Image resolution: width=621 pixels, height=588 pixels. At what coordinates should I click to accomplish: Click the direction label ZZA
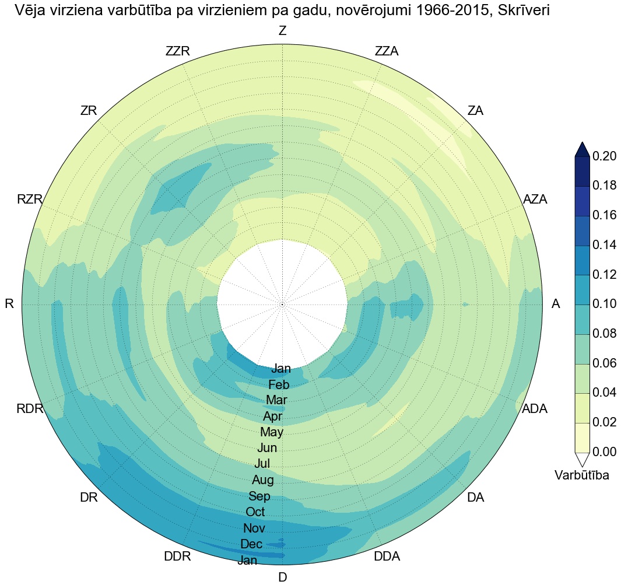point(387,51)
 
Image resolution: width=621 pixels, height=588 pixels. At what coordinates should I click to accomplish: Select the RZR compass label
point(30,199)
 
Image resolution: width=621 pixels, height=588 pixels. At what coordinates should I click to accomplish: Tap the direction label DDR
point(177,556)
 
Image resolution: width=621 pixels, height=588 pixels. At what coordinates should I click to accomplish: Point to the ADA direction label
point(535,409)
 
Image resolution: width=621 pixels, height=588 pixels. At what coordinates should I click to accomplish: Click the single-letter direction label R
point(9,304)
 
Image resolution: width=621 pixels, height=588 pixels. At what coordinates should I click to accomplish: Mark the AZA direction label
point(535,199)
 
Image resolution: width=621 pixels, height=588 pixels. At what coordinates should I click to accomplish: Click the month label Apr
point(273,416)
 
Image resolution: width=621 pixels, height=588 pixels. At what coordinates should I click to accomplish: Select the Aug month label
point(262,480)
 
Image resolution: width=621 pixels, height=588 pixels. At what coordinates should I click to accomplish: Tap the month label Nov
point(254,528)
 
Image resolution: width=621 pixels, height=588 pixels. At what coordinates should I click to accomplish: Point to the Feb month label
point(279,385)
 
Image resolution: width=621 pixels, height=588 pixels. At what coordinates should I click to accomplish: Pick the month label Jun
point(267,449)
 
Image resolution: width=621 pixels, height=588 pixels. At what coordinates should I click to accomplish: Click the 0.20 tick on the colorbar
point(605,156)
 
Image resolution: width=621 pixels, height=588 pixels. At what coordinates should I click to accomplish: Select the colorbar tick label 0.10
point(605,304)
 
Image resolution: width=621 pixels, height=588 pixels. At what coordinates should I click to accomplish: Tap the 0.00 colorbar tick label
point(605,452)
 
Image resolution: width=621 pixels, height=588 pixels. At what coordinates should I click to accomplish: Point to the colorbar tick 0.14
point(605,245)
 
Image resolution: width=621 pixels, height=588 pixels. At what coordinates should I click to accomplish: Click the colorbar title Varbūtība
point(582,475)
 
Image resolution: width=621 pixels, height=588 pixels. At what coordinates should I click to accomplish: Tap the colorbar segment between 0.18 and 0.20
point(583,171)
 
